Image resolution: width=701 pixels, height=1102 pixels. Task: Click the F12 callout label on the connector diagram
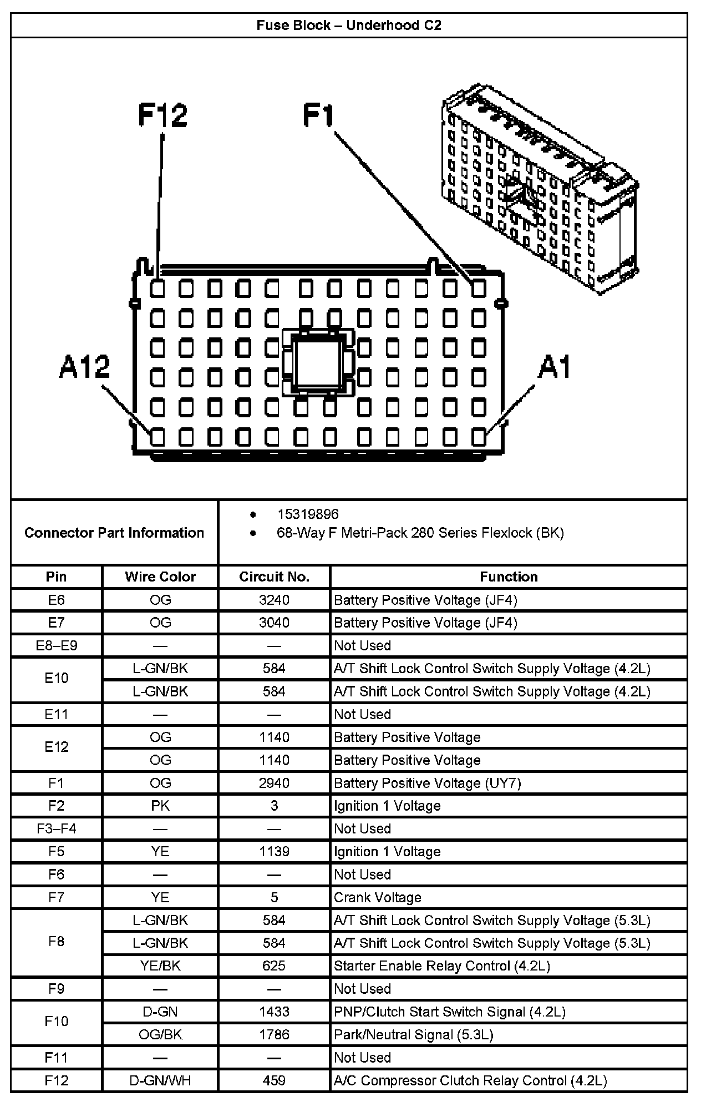coord(162,115)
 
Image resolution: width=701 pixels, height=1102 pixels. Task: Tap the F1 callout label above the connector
coord(319,115)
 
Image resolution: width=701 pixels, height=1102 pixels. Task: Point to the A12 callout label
coord(84,367)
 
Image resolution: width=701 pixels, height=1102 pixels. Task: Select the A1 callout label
coord(554,367)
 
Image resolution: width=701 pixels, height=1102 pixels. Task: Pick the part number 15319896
coord(308,514)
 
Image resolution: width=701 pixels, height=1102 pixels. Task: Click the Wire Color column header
coord(160,577)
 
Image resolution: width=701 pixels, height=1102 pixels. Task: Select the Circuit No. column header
coord(274,577)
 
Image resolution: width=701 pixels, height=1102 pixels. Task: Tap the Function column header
coord(509,577)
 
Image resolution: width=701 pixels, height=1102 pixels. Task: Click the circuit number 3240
coord(274,600)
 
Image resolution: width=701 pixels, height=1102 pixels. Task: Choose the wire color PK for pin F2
coord(160,806)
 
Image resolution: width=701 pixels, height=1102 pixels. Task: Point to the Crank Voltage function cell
coord(378,897)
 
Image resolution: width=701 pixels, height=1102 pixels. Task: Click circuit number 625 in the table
coord(274,965)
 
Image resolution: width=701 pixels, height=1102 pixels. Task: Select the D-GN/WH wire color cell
coord(160,1080)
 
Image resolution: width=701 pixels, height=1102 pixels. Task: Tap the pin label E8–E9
coord(57,645)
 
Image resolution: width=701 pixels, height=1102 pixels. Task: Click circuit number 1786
coord(274,1034)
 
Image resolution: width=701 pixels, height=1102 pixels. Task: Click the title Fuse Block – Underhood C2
coord(349,25)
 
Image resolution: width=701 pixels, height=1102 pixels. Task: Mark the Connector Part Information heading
coord(114,533)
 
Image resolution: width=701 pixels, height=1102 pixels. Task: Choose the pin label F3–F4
coord(57,828)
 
